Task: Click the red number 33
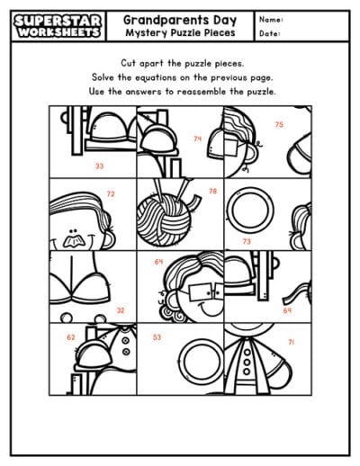coord(98,166)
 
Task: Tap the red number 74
coord(197,139)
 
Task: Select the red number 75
coord(279,124)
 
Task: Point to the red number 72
coord(110,193)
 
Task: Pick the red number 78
coord(212,191)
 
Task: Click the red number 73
coord(247,242)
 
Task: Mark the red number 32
coord(120,309)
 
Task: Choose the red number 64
coord(158,262)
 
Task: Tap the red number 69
coord(287,310)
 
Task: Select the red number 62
coord(70,337)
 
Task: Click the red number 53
coord(157,337)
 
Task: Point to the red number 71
coord(291,342)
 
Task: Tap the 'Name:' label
coord(271,19)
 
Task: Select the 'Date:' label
coord(270,34)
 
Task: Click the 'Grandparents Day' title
coord(180,18)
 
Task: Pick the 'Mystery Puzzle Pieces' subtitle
coord(180,33)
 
